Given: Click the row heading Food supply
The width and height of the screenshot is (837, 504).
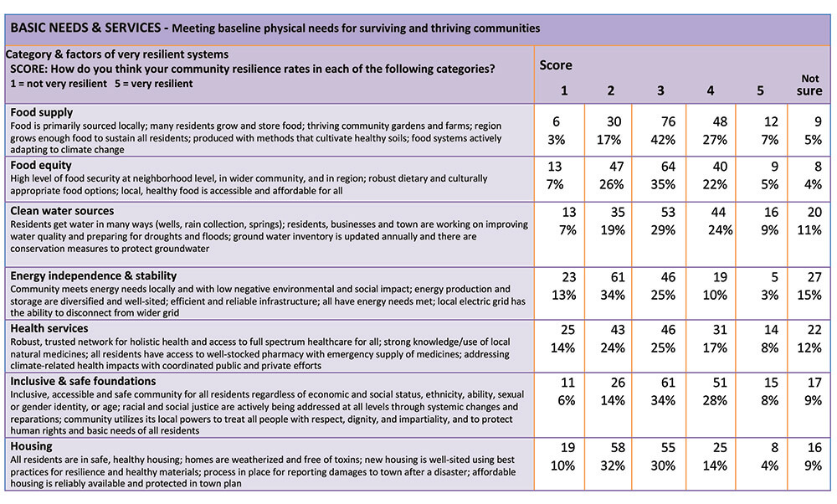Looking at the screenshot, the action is (x=42, y=113).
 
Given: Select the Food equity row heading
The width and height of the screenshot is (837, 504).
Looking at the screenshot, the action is (x=40, y=166).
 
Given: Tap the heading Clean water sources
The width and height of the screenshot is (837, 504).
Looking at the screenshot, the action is (x=62, y=211).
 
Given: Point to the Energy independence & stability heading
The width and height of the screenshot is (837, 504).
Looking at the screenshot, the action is (x=94, y=276).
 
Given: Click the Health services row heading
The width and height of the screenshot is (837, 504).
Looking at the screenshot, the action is (x=49, y=328).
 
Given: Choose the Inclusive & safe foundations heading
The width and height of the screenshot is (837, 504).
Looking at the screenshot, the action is (x=83, y=381).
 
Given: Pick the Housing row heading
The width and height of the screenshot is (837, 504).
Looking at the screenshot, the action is (x=31, y=446).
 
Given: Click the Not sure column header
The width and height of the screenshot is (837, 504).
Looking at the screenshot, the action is (x=809, y=85).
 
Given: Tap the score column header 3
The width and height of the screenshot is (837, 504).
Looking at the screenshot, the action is (x=660, y=90).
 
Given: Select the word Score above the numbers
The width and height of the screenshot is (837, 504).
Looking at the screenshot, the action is (x=555, y=65).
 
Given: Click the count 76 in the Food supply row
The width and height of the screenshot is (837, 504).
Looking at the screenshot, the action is (x=668, y=121).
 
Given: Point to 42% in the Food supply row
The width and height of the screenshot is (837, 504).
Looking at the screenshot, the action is (x=663, y=140).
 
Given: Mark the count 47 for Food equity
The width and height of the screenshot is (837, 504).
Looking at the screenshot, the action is (x=617, y=167).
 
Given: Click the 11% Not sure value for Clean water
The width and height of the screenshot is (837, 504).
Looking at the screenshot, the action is (x=809, y=230).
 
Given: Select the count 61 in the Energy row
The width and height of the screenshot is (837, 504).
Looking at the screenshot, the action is (x=617, y=277).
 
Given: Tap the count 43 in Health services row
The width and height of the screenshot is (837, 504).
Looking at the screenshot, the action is (x=617, y=330).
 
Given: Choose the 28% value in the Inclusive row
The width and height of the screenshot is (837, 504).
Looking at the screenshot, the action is (x=715, y=400).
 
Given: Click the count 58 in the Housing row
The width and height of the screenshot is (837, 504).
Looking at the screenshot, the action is (x=617, y=447).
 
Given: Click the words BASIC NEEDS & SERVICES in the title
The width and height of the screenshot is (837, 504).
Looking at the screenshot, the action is (x=85, y=28).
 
